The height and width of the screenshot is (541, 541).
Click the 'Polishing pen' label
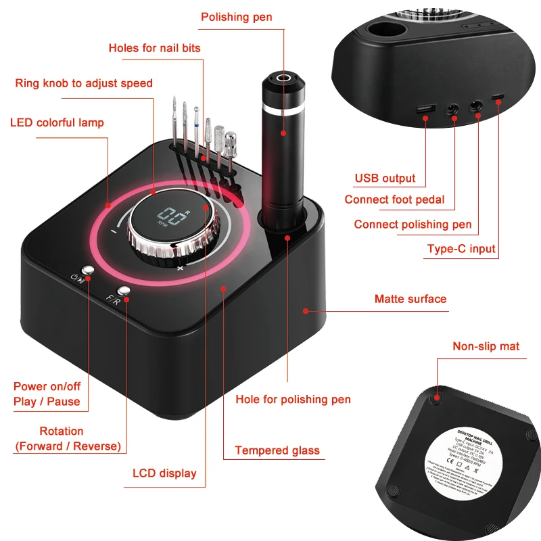[x=237, y=17]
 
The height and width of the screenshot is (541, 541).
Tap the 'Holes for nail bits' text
[x=154, y=48]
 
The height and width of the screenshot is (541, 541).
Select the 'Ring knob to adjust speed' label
[x=84, y=83]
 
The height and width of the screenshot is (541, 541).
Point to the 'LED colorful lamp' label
[x=57, y=122]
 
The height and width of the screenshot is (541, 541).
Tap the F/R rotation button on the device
[x=122, y=291]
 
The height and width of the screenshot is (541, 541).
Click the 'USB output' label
[x=385, y=179]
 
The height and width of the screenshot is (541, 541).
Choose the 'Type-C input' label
[x=461, y=248]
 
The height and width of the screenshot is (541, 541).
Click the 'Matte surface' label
[x=410, y=298]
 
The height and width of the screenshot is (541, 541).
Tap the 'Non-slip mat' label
[x=486, y=346]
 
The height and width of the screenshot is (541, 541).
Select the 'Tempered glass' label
[x=277, y=450]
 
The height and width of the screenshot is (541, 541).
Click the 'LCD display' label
[x=164, y=473]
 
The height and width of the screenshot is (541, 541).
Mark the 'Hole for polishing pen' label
[x=293, y=399]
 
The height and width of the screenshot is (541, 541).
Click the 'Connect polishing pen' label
[x=413, y=225]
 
